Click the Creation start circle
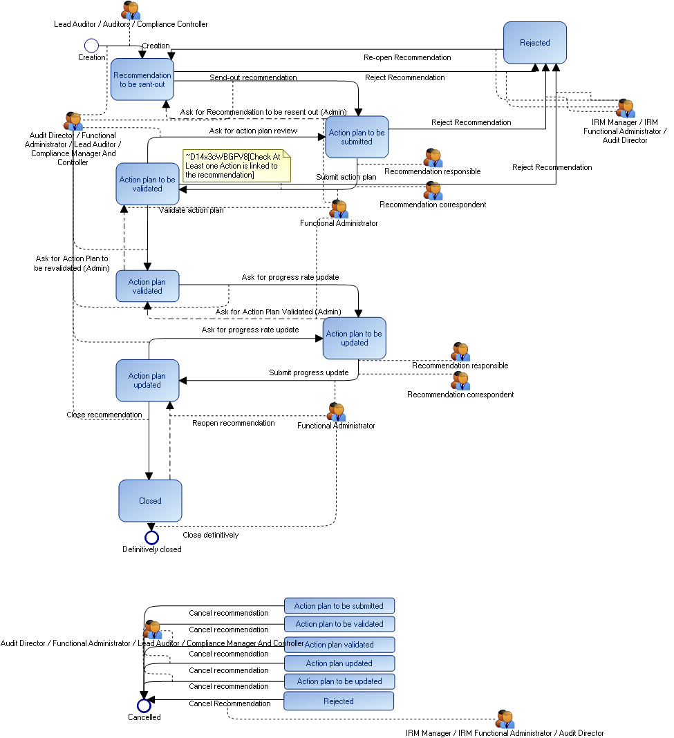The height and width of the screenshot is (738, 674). [91, 46]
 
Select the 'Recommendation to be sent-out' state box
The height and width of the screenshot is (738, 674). [142, 79]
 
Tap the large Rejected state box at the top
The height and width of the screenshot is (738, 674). [534, 43]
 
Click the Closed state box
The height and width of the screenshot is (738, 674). [150, 501]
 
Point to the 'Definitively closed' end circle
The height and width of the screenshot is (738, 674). [151, 538]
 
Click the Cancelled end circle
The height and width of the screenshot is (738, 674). [144, 706]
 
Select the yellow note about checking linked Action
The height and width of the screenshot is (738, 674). [236, 166]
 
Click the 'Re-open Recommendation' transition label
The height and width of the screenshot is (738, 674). [407, 57]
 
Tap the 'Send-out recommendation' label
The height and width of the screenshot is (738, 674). [253, 77]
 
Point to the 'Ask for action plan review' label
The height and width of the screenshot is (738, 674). [253, 131]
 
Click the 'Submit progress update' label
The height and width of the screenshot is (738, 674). [308, 372]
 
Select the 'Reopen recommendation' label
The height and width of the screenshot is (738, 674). [233, 422]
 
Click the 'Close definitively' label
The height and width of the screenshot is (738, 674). [210, 535]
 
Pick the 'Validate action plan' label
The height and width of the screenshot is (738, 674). [191, 210]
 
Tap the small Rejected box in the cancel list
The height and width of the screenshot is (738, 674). [339, 701]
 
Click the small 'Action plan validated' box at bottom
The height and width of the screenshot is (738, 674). [339, 645]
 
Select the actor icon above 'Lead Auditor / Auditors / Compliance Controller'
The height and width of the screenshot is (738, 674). [131, 10]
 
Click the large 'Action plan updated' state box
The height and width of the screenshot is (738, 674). [147, 381]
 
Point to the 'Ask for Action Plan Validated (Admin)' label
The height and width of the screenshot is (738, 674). [278, 312]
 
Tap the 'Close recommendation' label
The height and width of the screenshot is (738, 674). [104, 415]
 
